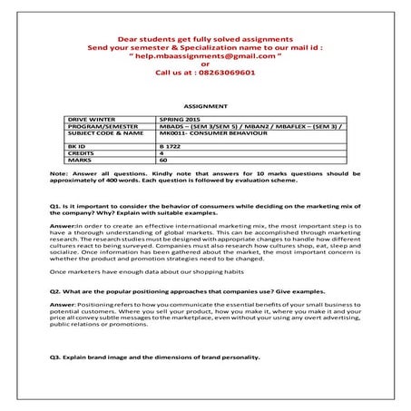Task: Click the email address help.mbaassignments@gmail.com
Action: (205, 55)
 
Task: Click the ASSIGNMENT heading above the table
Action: (205, 106)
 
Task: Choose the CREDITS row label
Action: (83, 152)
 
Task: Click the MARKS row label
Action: (81, 160)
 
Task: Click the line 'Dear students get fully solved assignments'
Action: (205, 39)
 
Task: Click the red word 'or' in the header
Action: (205, 64)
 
